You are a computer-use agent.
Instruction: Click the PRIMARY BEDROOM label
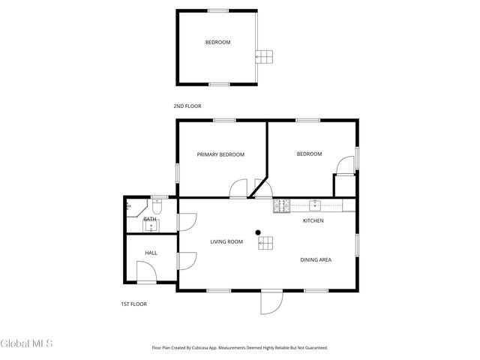click(x=220, y=154)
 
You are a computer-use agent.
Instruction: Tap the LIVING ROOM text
click(x=226, y=241)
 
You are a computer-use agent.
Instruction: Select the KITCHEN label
click(x=313, y=221)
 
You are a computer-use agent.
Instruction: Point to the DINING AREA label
click(x=316, y=260)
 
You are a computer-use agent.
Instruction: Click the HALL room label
click(x=151, y=253)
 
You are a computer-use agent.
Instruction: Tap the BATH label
click(x=150, y=220)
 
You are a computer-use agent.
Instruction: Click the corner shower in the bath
click(x=129, y=205)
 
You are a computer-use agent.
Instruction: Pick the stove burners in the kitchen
click(x=281, y=205)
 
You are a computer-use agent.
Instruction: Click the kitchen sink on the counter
click(x=316, y=204)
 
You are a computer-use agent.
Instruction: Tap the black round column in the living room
click(x=258, y=232)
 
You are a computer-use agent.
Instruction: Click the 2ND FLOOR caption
click(x=187, y=106)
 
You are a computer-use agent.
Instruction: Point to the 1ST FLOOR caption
click(x=133, y=304)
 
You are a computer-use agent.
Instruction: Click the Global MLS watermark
click(x=27, y=344)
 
